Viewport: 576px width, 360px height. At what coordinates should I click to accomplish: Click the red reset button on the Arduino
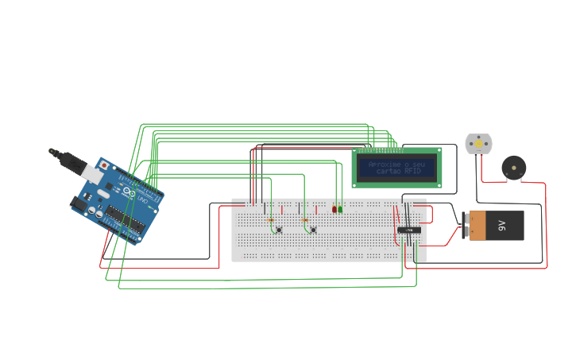104,165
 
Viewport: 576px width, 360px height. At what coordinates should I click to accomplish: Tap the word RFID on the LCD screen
412,171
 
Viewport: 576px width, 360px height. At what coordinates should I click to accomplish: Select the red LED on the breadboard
334,209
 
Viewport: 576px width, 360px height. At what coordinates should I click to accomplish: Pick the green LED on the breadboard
341,209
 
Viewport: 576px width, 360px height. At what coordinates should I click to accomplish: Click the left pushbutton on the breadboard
278,230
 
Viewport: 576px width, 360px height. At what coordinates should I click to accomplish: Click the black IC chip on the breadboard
409,230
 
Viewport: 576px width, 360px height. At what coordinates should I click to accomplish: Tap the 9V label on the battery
502,226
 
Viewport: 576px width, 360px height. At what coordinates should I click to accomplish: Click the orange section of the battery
476,226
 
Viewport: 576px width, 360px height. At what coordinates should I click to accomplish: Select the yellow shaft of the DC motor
478,144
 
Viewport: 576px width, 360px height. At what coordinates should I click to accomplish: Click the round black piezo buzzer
513,168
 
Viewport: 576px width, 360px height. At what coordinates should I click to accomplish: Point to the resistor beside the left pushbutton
270,220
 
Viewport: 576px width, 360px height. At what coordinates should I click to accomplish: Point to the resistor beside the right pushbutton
304,220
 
